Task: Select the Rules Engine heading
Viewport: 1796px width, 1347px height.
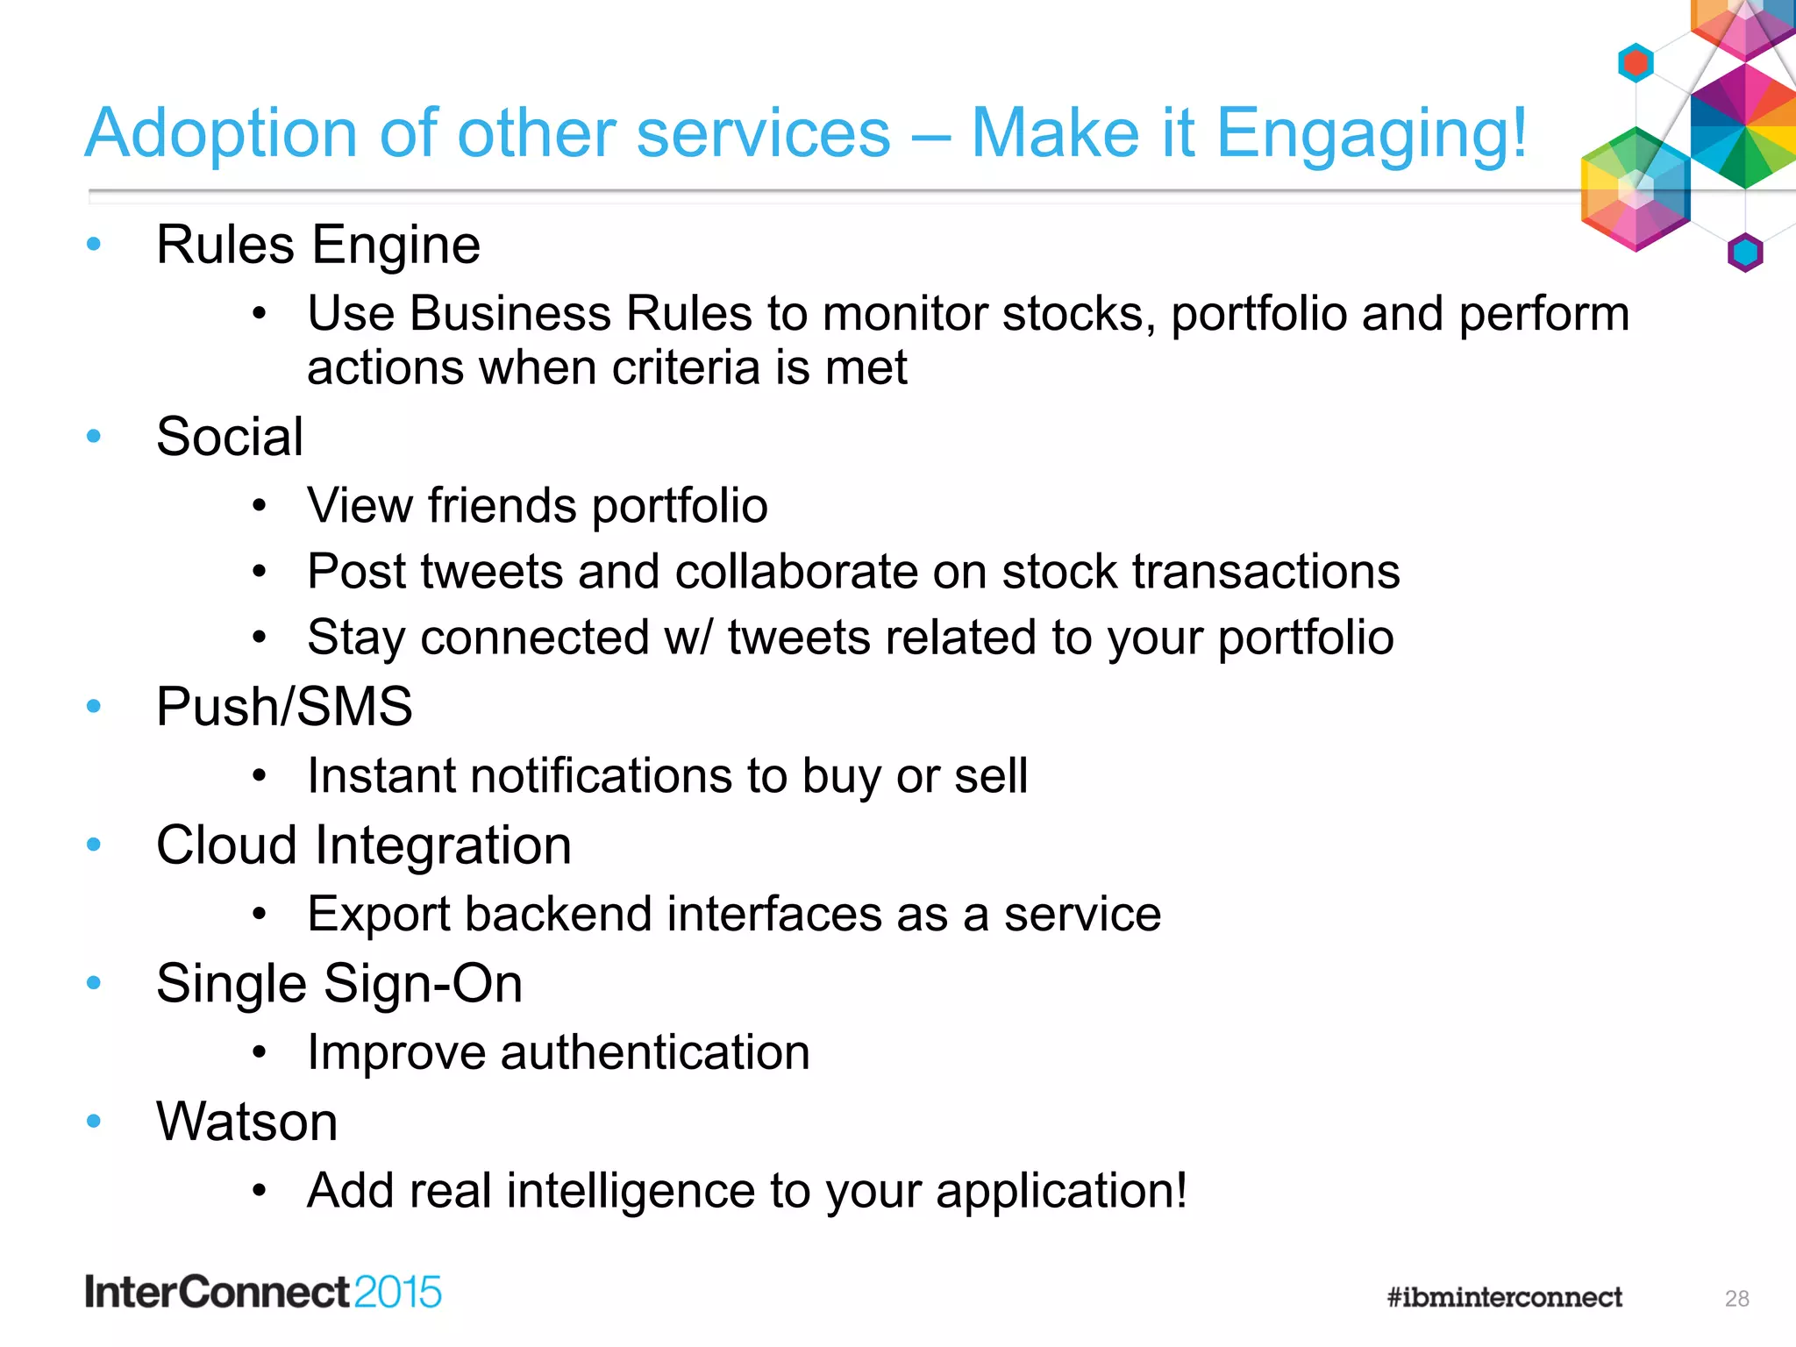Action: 317,245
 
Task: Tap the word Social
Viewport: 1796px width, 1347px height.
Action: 230,437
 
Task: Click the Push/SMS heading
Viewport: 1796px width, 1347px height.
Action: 284,707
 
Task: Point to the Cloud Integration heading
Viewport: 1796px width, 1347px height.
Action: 363,845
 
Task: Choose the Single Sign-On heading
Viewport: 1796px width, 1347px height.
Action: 339,984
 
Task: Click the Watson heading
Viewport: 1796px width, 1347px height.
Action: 246,1122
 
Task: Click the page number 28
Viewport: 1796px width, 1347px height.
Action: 1736,1299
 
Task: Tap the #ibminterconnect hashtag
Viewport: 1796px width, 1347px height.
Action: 1504,1297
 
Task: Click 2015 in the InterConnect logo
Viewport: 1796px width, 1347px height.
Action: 398,1293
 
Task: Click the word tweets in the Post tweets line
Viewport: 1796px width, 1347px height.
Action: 492,572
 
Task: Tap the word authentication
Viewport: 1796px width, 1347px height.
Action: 654,1052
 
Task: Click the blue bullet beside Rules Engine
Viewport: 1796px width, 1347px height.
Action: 94,245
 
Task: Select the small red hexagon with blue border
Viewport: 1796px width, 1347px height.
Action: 1636,63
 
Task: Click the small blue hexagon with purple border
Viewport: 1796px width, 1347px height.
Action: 1744,253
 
